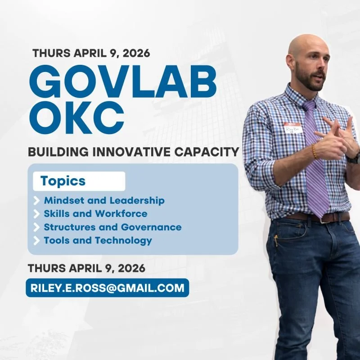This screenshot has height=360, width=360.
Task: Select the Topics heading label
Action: [63, 181]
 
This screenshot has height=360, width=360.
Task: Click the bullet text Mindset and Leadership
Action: [104, 200]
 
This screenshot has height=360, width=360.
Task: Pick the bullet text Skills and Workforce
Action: [95, 213]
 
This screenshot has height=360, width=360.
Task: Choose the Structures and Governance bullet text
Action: [112, 227]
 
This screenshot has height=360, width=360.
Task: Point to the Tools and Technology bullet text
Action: [98, 240]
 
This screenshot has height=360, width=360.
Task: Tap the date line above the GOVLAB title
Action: [91, 53]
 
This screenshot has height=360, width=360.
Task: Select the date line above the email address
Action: [86, 268]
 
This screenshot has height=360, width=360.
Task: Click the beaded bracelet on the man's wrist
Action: [314, 151]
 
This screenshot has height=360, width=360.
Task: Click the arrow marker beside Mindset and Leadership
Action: [36, 201]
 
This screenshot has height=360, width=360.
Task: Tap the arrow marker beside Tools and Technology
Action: [36, 241]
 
